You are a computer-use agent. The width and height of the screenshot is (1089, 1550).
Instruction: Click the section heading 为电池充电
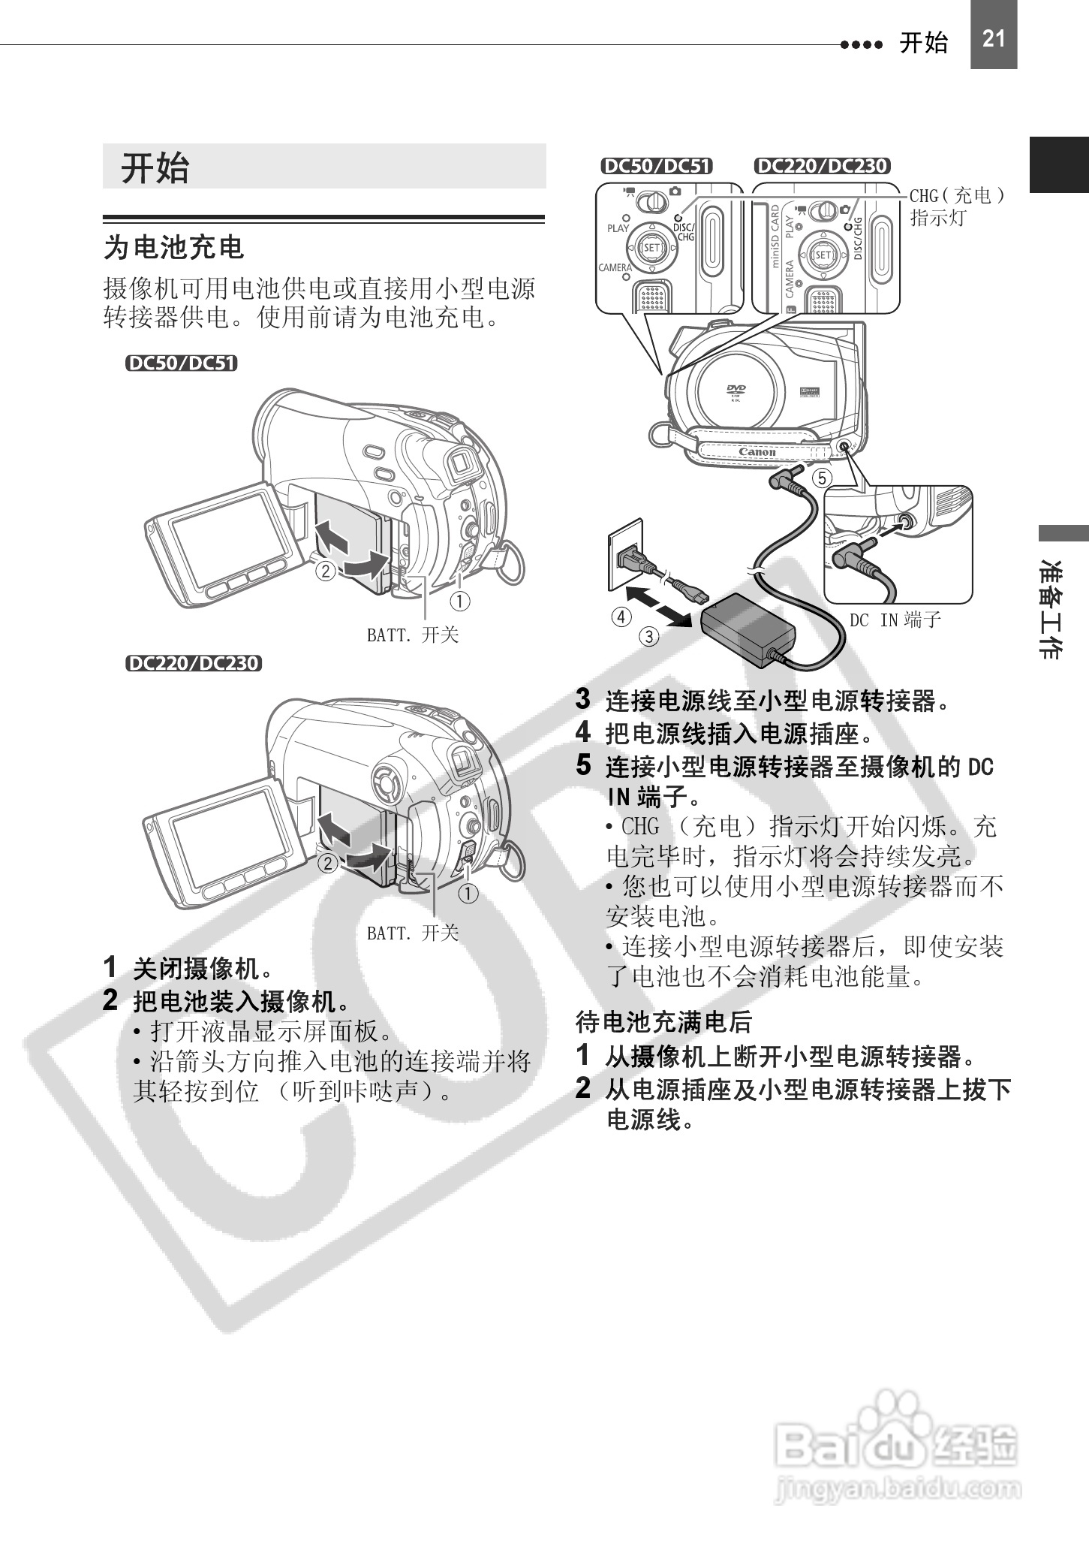click(174, 247)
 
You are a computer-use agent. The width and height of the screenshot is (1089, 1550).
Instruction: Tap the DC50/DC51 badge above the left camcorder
click(181, 363)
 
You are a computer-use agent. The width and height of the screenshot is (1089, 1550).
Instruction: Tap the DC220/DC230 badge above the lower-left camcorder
click(194, 663)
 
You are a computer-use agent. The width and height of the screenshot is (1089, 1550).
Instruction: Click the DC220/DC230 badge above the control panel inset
click(822, 166)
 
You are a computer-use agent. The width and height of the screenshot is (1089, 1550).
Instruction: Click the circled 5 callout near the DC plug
click(822, 478)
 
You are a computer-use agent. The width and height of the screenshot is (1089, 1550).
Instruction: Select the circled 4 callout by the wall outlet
click(621, 617)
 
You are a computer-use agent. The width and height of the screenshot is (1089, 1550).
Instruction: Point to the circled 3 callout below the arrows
click(648, 637)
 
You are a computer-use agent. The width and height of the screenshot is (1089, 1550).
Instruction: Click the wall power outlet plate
click(624, 553)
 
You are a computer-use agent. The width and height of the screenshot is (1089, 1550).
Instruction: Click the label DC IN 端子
click(895, 620)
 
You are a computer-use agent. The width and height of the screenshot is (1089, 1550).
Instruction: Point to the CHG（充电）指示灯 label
click(957, 207)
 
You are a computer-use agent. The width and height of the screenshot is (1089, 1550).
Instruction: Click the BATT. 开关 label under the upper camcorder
click(412, 635)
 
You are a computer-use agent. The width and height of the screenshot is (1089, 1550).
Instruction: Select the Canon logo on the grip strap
click(757, 452)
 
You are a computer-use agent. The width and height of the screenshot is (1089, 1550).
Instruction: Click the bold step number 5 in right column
click(583, 765)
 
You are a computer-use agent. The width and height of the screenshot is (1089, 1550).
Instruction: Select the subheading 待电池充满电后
click(663, 1021)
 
